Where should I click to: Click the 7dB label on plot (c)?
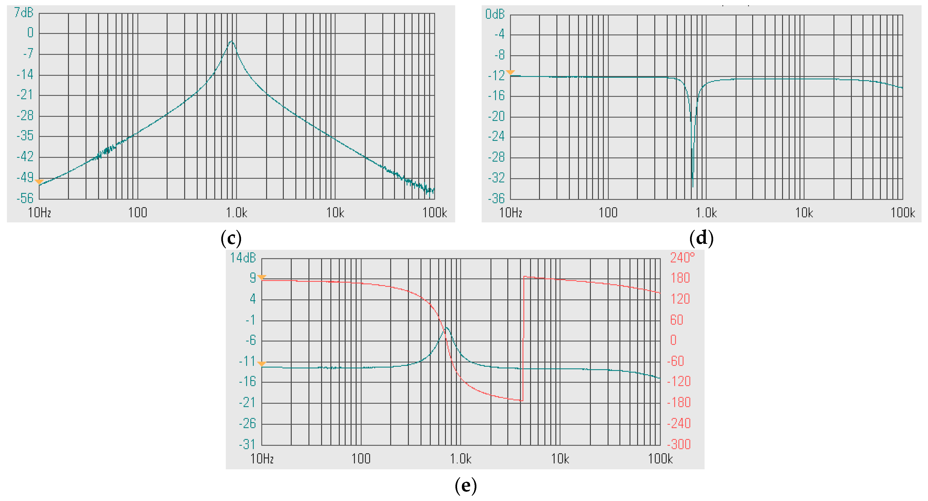pos(24,13)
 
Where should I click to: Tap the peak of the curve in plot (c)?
pos(232,42)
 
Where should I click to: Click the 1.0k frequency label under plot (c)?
pos(236,213)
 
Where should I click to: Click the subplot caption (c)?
pos(231,238)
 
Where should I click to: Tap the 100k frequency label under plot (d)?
pos(902,213)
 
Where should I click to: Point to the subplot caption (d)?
pos(701,238)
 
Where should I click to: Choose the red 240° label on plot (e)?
pos(682,258)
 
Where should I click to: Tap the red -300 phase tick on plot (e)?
pos(679,444)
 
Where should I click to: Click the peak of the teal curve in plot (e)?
pos(447,327)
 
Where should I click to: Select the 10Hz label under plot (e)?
pos(262,459)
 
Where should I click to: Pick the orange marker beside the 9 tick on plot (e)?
pos(262,277)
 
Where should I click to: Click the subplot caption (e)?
pos(465,486)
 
